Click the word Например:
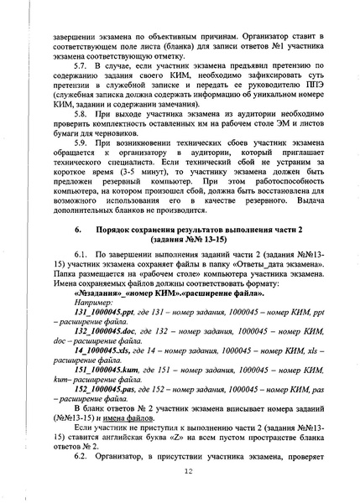pyautogui.click(x=92, y=300)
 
